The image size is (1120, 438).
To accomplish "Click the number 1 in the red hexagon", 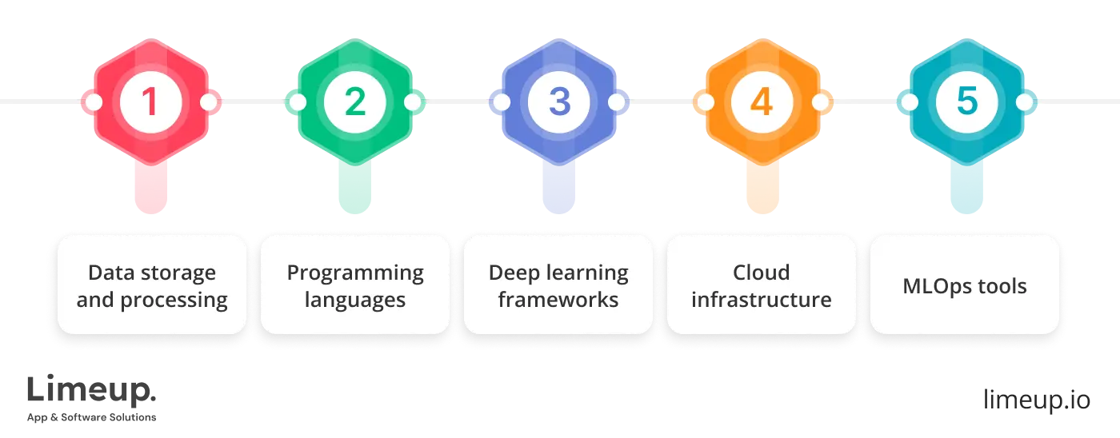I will (x=150, y=102).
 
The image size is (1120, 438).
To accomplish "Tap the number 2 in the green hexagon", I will (x=354, y=102).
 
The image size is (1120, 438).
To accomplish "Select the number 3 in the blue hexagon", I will (x=558, y=102).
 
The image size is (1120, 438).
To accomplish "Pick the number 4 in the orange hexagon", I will (x=762, y=102).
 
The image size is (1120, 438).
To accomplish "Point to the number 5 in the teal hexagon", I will (x=966, y=102).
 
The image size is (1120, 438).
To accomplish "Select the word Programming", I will (x=355, y=273).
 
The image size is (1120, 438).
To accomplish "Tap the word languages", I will (x=355, y=300).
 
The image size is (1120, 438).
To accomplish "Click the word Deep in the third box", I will (x=515, y=273).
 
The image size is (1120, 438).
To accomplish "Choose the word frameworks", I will (x=558, y=300).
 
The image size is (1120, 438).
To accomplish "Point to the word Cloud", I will (x=762, y=273).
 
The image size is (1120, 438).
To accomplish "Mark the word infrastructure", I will (x=762, y=300).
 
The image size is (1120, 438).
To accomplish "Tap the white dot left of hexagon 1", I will (x=93, y=102).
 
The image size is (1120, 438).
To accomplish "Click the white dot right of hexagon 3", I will (x=617, y=102).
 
